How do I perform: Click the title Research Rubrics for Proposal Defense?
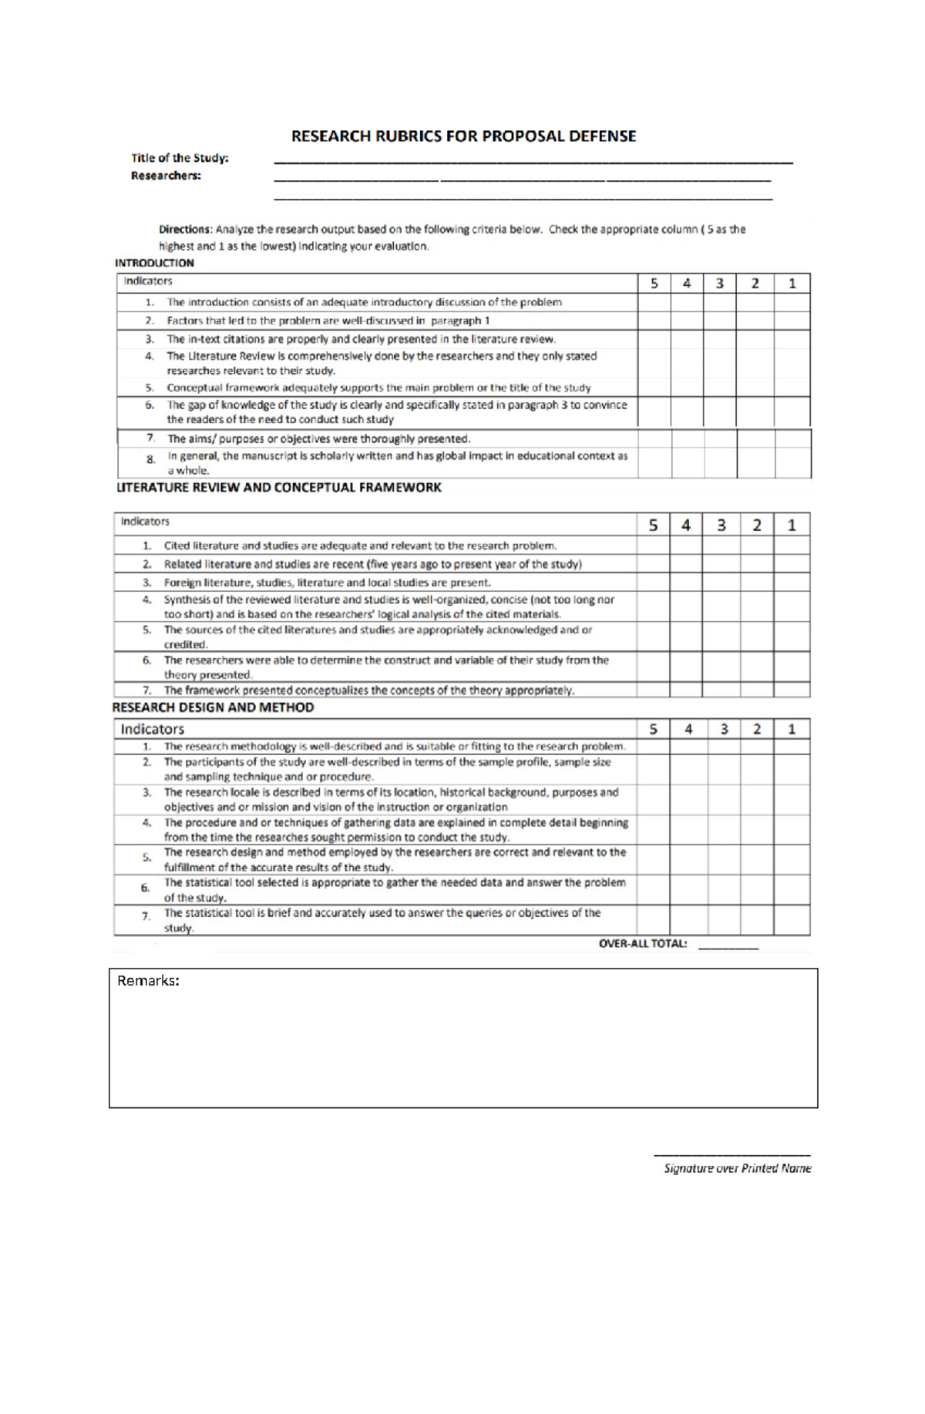(x=463, y=136)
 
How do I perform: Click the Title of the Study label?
(x=180, y=158)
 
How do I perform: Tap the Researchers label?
(x=166, y=176)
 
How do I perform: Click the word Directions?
(x=184, y=230)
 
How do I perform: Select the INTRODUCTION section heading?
(x=154, y=263)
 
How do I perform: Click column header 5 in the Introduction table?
(x=654, y=283)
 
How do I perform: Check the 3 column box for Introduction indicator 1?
(x=719, y=302)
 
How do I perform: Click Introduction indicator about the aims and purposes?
(x=318, y=438)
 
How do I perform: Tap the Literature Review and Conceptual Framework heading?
(x=278, y=488)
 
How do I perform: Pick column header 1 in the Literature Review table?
(x=792, y=525)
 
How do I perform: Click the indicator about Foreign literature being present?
(x=327, y=583)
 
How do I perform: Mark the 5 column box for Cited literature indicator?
(x=653, y=546)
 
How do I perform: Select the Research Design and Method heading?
(x=213, y=707)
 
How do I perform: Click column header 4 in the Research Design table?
(x=688, y=729)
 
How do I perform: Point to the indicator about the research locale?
(x=391, y=799)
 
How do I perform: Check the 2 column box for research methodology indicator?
(x=757, y=746)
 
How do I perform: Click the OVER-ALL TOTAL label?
(x=642, y=943)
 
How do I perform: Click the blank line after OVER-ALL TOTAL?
(x=728, y=945)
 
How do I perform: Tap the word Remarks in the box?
(x=148, y=981)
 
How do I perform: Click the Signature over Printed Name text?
(x=738, y=1168)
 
